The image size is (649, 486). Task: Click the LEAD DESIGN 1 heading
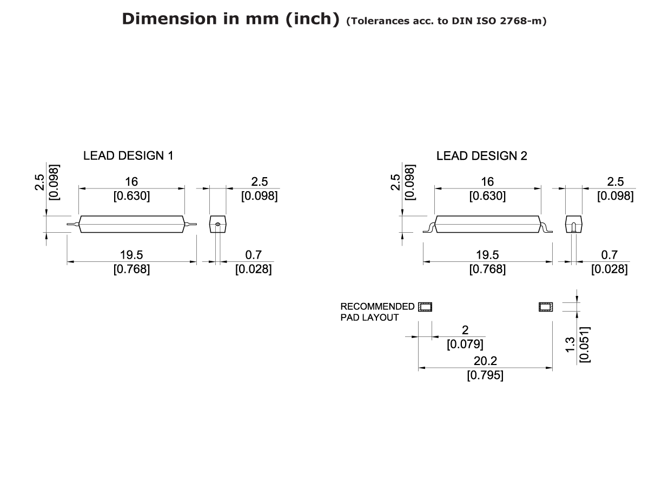[x=128, y=156]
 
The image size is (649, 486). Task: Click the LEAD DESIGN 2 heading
[x=481, y=156]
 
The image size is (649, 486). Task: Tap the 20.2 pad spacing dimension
[x=485, y=361]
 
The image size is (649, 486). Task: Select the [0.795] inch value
[x=485, y=375]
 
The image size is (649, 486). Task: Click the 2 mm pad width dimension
[x=465, y=330]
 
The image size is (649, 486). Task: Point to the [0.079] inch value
[x=465, y=344]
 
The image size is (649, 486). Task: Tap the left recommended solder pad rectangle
[x=425, y=307]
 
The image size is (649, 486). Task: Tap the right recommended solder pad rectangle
[x=545, y=307]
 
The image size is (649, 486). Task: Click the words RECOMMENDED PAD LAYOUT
[x=377, y=312]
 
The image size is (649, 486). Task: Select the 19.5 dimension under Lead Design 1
[x=131, y=255]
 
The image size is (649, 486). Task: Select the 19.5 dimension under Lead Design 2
[x=487, y=255]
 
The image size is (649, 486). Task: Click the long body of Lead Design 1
[x=131, y=224]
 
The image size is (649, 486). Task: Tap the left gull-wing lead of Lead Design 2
[x=429, y=228]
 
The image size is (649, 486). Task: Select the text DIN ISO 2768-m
[x=508, y=22]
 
